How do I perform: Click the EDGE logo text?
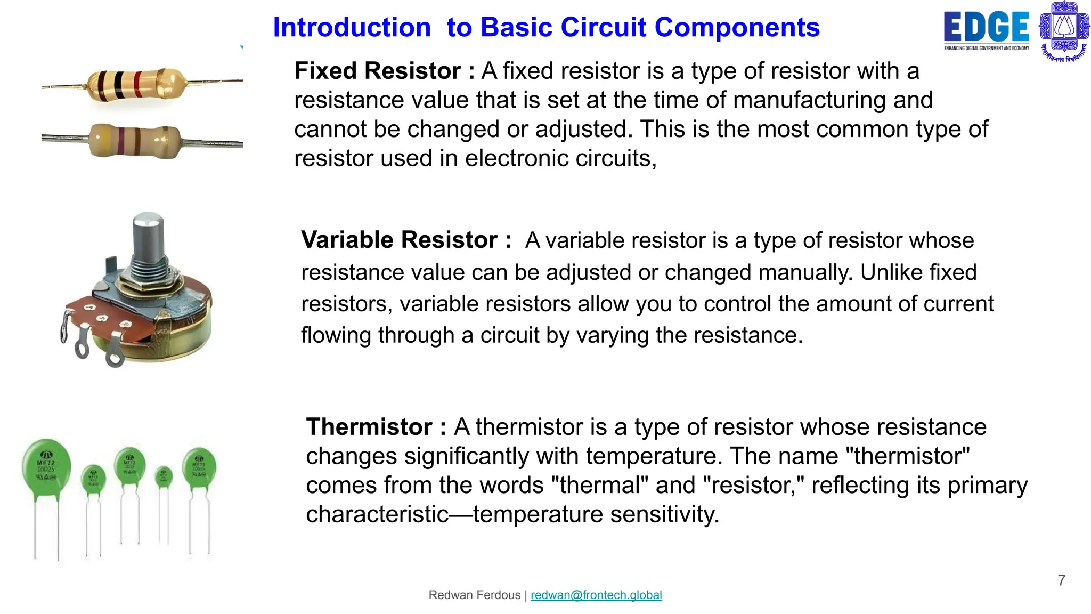click(x=986, y=27)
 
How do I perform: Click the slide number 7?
click(x=1061, y=580)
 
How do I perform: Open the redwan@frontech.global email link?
click(x=596, y=595)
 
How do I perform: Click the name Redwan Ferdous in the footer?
click(x=474, y=595)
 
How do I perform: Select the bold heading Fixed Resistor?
click(x=378, y=71)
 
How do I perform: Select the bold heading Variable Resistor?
click(x=399, y=240)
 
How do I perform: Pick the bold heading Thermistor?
click(x=369, y=427)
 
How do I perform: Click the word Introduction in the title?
click(x=352, y=27)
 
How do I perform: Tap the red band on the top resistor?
click(x=137, y=84)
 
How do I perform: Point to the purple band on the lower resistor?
click(x=121, y=141)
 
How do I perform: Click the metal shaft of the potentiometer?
click(x=148, y=235)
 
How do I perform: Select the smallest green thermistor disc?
click(x=164, y=476)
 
